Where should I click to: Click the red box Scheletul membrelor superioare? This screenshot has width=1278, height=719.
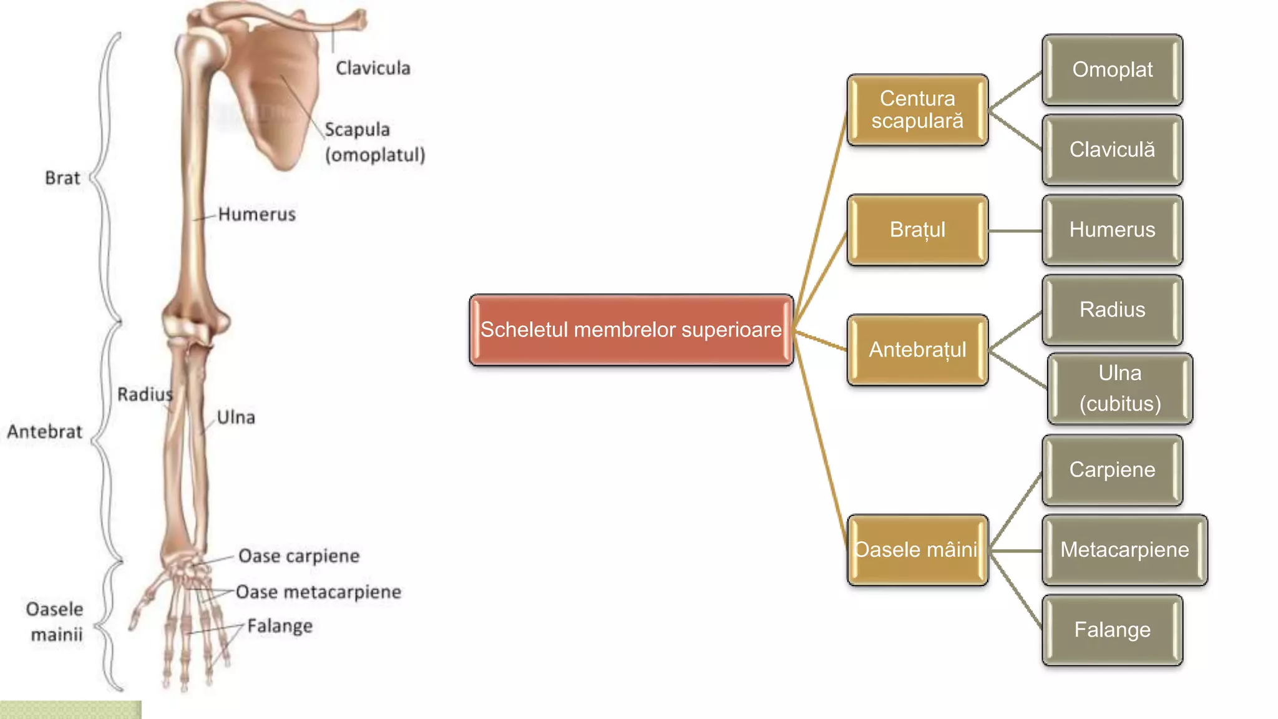(x=631, y=330)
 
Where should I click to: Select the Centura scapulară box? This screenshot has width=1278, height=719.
(x=917, y=110)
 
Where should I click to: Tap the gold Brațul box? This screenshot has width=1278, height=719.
(x=917, y=230)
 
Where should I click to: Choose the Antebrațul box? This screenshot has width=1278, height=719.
(x=917, y=350)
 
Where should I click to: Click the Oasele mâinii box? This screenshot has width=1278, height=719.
(x=917, y=550)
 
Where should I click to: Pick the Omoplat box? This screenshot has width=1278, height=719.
(x=1112, y=70)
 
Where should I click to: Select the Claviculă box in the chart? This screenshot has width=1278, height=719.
(x=1112, y=150)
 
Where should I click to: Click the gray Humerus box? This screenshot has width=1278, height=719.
(x=1112, y=230)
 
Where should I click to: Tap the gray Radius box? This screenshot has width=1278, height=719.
(x=1112, y=310)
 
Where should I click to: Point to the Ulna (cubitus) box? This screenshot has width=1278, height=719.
(x=1120, y=389)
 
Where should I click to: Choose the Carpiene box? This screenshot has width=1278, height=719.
(x=1112, y=469)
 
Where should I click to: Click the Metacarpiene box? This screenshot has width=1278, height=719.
(x=1124, y=550)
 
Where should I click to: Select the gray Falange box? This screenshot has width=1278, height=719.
(x=1112, y=630)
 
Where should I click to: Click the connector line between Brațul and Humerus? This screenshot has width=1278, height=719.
(x=1015, y=230)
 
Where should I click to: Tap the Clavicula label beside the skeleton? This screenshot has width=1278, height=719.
(x=373, y=68)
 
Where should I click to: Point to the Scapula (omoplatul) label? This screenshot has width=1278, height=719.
(x=374, y=142)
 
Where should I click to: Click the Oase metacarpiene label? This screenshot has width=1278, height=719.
(x=318, y=592)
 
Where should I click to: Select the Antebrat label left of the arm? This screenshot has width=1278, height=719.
(x=44, y=432)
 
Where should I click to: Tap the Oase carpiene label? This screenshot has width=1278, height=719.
(x=299, y=556)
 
